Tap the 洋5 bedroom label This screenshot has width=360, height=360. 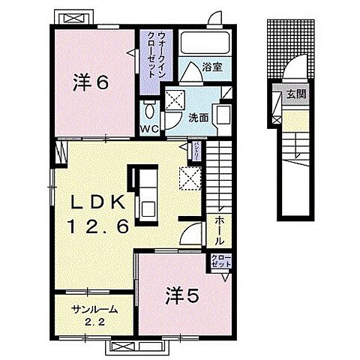[181, 295]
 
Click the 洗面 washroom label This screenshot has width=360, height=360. [198, 117]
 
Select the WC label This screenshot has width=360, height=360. [149, 128]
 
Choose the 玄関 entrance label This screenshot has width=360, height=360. [294, 94]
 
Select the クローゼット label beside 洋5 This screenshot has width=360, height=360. [222, 263]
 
